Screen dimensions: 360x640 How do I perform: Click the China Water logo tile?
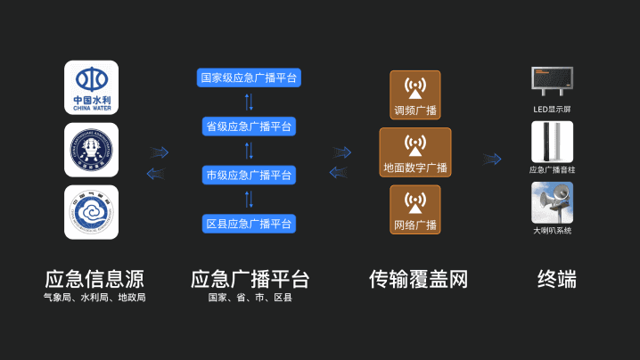tap(91, 86)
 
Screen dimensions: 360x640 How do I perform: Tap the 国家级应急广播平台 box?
tap(249, 78)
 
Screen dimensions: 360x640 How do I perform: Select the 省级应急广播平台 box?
tap(249, 127)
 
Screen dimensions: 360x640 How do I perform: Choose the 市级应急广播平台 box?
tap(249, 175)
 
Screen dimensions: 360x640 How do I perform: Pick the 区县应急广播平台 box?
tap(249, 223)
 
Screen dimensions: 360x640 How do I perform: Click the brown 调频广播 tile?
tap(415, 95)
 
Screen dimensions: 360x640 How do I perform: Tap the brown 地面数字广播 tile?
tap(415, 152)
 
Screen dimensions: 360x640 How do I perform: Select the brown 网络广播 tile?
tap(415, 209)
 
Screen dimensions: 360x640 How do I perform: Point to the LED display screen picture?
tap(553, 81)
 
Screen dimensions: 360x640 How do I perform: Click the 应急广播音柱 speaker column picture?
tap(553, 142)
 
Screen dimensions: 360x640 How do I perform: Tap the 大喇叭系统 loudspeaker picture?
tap(553, 202)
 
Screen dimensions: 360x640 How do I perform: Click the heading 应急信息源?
tap(94, 279)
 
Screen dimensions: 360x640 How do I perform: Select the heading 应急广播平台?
tap(250, 279)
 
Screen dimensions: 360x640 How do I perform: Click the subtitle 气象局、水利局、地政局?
tap(94, 299)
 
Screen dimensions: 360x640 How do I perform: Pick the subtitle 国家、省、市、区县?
tap(250, 299)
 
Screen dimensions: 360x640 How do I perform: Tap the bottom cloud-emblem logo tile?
tap(91, 212)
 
